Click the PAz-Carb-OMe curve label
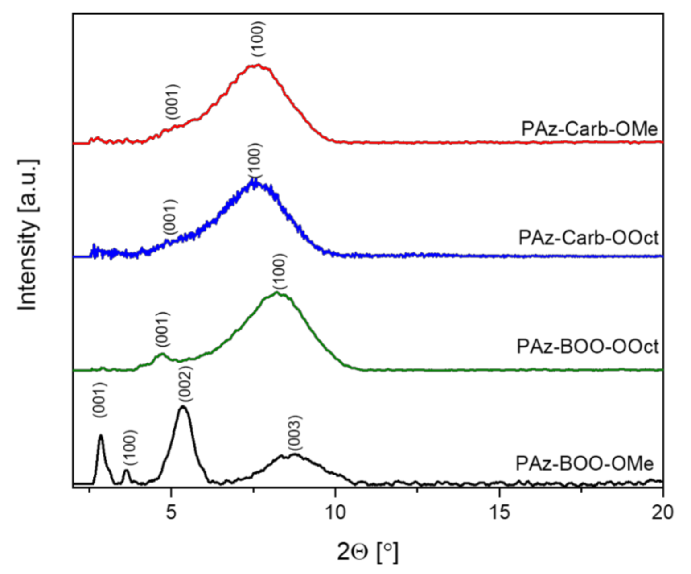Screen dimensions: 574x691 point(589,129)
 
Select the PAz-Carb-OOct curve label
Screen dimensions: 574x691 point(588,238)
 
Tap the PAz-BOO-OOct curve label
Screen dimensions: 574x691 point(588,347)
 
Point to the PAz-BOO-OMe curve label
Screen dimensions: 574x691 point(584,463)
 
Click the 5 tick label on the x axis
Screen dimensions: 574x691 point(171,512)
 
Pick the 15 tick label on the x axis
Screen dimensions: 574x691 point(499,512)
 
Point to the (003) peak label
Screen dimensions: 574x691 point(295,434)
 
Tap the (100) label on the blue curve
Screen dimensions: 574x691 point(255,160)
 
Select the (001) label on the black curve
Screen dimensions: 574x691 point(100,400)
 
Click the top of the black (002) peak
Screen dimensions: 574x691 point(183,407)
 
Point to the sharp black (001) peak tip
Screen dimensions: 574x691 point(101,435)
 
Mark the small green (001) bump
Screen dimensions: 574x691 point(161,355)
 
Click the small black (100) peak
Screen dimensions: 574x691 point(127,471)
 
